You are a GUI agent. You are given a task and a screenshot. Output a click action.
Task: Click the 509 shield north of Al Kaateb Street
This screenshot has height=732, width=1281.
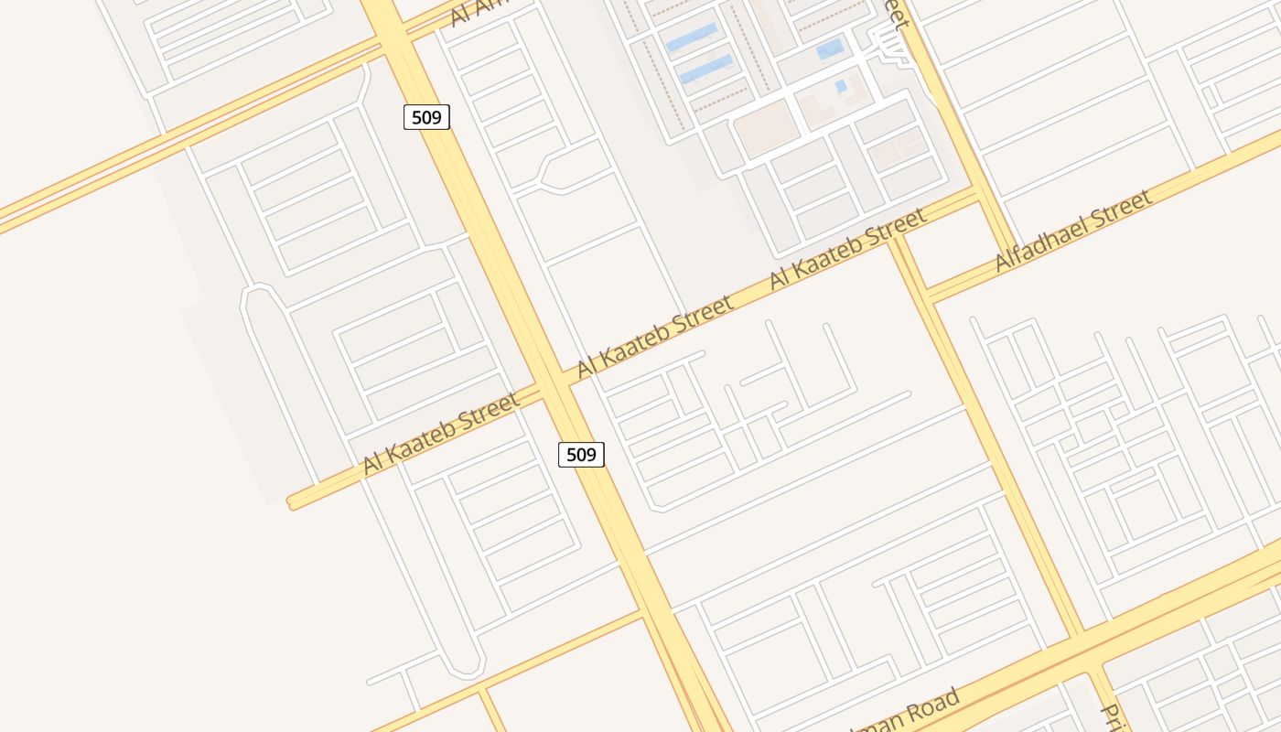426,117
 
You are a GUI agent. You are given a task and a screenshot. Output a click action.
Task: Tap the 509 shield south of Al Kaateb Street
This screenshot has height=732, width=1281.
581,454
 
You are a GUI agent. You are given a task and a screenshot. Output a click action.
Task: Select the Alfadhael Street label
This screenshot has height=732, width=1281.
1072,231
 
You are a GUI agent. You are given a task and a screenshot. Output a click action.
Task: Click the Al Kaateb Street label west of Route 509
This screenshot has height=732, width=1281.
441,432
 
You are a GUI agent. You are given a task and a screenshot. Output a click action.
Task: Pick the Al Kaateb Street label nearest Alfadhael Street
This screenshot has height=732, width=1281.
847,249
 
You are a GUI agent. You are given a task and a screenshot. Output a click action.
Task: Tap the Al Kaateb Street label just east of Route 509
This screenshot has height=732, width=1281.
655,336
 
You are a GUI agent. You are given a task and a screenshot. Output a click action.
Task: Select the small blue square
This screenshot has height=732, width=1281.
841,86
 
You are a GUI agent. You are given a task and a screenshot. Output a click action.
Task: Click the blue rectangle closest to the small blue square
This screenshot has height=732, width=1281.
830,48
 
